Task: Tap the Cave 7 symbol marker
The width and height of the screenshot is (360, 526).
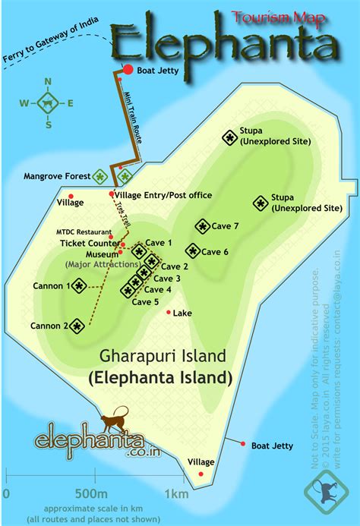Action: [x=202, y=226]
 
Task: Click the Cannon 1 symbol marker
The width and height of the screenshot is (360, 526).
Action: [x=78, y=285]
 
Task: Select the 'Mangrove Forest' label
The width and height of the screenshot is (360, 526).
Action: [x=56, y=175]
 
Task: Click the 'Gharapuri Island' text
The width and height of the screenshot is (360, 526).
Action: [x=163, y=356]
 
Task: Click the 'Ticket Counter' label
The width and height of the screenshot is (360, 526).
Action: [x=88, y=244]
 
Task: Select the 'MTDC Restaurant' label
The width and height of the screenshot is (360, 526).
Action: [x=84, y=231]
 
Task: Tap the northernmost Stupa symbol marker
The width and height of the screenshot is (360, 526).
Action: [x=229, y=137]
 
